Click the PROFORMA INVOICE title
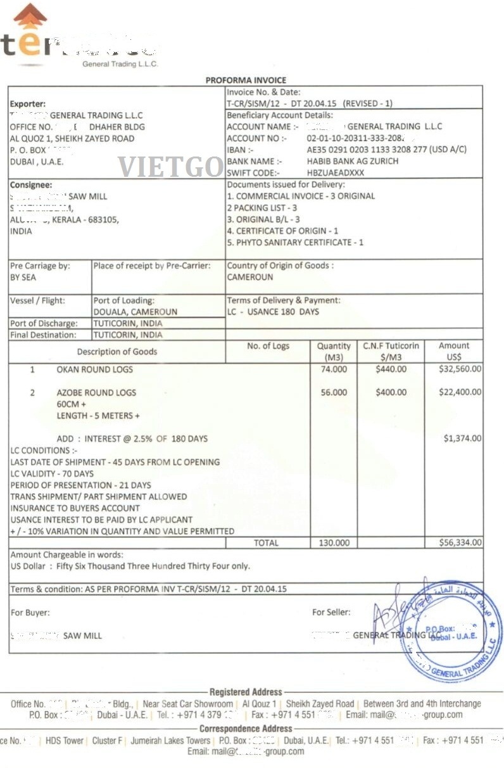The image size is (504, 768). point(246,80)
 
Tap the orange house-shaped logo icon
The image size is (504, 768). point(30,16)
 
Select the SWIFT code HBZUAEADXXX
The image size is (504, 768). point(336,172)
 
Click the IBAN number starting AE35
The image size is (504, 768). point(386,150)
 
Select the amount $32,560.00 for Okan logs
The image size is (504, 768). point(460,369)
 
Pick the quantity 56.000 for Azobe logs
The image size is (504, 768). point(334,392)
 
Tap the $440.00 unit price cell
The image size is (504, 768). point(390,369)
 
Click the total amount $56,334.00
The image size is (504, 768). point(460,542)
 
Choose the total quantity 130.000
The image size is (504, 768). point(334,542)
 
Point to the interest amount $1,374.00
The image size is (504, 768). point(462,438)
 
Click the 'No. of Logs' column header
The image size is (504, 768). point(268,346)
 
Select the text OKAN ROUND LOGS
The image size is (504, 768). point(95,369)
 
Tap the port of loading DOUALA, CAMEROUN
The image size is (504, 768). point(135,312)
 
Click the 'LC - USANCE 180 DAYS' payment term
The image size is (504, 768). point(273,312)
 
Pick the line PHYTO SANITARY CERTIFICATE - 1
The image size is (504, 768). point(295,242)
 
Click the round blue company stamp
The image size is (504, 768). point(451,630)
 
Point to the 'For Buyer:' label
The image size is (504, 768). point(30,613)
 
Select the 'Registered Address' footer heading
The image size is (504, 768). point(246,692)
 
